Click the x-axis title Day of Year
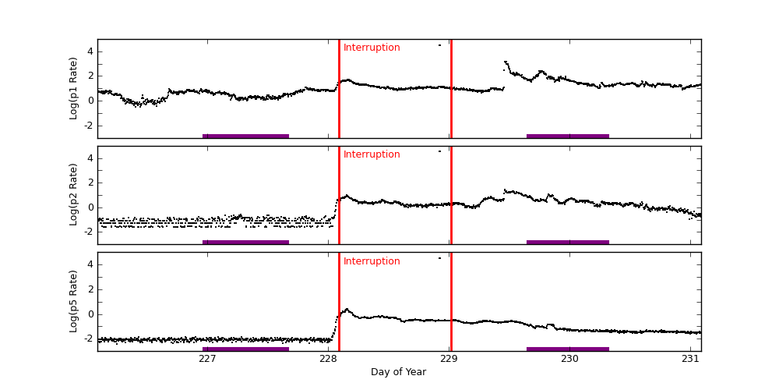click(398, 372)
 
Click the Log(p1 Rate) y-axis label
click(74, 88)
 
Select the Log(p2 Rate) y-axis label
click(74, 195)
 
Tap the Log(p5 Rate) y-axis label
click(74, 301)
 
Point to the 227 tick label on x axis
click(207, 359)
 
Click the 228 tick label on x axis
click(328, 359)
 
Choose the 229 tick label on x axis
click(449, 359)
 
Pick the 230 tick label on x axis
click(569, 359)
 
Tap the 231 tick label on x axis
click(690, 359)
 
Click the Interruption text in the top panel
click(372, 48)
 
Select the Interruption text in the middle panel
click(372, 154)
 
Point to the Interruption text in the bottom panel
click(372, 261)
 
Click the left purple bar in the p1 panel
click(245, 136)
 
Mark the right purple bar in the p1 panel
click(567, 136)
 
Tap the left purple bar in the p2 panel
click(245, 242)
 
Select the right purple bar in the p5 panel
click(567, 349)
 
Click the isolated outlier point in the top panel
click(439, 45)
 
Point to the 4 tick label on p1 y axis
click(90, 51)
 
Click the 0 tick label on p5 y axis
click(90, 314)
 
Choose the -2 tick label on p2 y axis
click(87, 232)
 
